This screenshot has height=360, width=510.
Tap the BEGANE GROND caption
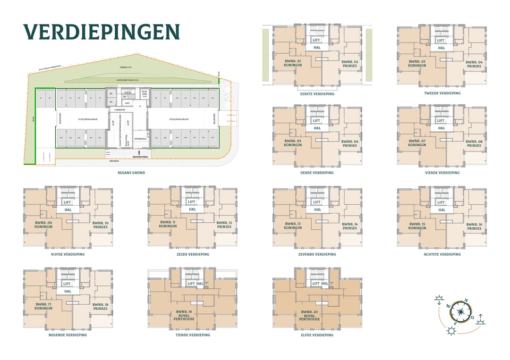coord(131,173)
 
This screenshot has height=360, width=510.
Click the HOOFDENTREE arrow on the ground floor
coord(139,152)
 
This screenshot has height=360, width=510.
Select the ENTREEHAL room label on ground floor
coord(140,139)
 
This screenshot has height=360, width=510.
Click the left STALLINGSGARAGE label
coord(85,119)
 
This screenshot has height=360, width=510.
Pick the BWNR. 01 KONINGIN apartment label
coord(293,63)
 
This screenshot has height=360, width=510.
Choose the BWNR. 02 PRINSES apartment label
coord(349,64)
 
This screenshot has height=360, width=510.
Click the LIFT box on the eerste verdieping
coord(316,41)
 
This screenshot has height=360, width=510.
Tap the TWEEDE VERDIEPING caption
coord(442,93)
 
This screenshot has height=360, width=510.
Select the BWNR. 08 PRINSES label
coord(474,143)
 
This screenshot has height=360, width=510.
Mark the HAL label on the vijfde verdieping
coord(68,209)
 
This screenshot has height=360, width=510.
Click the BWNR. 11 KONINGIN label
coord(168,224)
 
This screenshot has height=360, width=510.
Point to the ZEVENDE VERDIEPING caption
coord(317,254)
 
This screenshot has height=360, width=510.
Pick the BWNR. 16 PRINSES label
coord(474,226)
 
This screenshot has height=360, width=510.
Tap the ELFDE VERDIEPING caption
coord(317,335)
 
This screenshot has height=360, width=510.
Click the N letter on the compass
coord(466,301)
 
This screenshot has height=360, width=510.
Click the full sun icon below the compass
coord(452,331)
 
